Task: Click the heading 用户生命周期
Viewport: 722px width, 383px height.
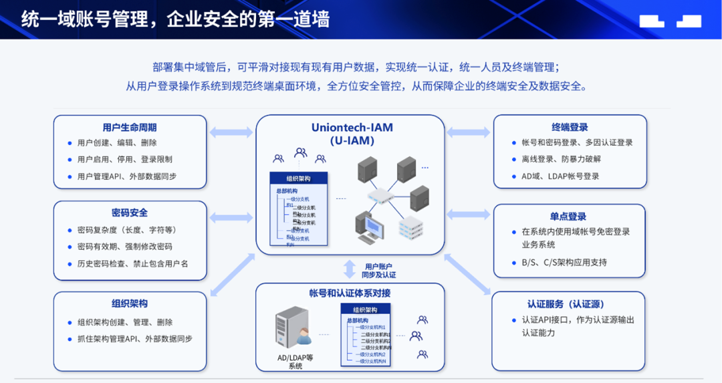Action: click(130, 127)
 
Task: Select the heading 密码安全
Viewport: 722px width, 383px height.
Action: click(130, 213)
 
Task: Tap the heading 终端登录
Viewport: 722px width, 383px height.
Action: click(570, 127)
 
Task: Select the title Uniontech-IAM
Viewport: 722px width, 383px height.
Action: click(352, 127)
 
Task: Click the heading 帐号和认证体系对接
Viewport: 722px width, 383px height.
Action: click(350, 293)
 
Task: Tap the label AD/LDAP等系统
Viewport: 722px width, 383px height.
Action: click(295, 362)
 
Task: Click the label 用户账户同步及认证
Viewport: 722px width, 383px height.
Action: click(378, 270)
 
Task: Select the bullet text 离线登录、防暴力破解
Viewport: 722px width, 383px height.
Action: click(562, 159)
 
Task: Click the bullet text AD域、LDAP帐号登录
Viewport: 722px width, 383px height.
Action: click(560, 176)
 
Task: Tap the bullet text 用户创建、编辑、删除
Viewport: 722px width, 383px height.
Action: click(117, 142)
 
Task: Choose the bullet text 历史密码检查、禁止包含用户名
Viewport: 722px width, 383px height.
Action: click(133, 263)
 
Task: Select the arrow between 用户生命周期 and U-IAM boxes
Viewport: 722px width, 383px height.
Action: click(231, 132)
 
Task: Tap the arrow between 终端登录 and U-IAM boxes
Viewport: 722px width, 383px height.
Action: click(469, 132)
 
